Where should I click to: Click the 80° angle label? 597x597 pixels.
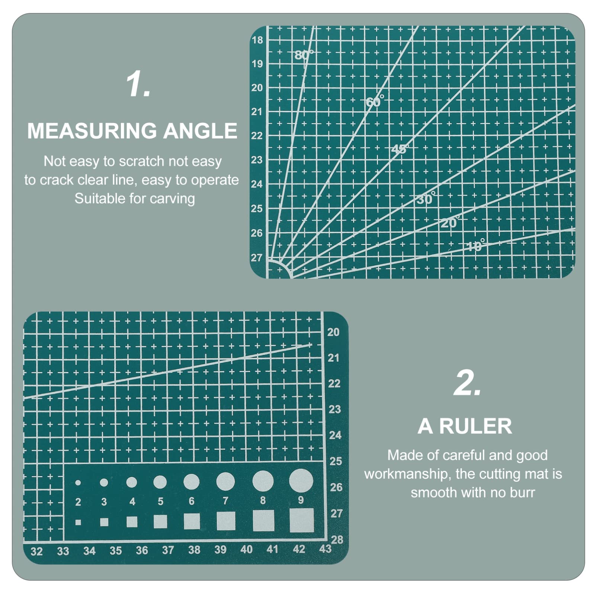click(304, 55)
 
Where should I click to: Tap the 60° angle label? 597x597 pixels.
click(374, 101)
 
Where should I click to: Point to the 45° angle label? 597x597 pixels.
click(399, 149)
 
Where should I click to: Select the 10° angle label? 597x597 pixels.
click(475, 245)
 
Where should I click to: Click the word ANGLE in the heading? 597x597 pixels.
click(200, 131)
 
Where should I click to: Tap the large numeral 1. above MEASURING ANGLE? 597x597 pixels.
click(138, 85)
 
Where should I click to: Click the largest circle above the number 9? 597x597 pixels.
click(301, 480)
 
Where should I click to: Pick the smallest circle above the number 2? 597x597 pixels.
click(78, 483)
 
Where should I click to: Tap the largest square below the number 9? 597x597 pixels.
click(302, 520)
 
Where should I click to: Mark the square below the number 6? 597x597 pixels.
click(192, 521)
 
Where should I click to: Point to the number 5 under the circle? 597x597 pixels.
click(160, 501)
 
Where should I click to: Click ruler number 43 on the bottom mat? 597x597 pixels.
click(325, 549)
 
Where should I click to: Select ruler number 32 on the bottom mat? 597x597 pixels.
click(36, 551)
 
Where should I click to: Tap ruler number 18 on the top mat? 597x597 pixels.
click(257, 40)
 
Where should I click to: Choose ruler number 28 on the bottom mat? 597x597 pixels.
click(337, 539)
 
